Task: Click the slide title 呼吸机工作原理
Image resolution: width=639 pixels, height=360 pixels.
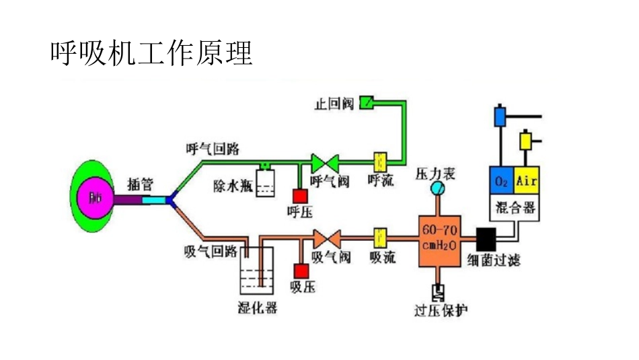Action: pos(151,52)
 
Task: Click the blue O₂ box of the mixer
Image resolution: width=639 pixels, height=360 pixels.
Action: pos(501,181)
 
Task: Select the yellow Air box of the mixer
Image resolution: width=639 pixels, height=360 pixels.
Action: pos(526,181)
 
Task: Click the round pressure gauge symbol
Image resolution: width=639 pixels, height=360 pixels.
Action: pos(437,188)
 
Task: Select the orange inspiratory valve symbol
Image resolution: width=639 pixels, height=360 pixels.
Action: pos(327,237)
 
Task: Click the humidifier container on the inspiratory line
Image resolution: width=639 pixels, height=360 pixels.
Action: pos(258,271)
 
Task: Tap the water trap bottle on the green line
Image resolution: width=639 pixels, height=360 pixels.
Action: pos(266,181)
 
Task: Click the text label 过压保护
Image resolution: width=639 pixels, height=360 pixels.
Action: pos(441,310)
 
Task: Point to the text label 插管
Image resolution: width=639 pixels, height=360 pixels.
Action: pos(141,182)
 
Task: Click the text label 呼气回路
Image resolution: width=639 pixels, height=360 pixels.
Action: pos(213,148)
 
